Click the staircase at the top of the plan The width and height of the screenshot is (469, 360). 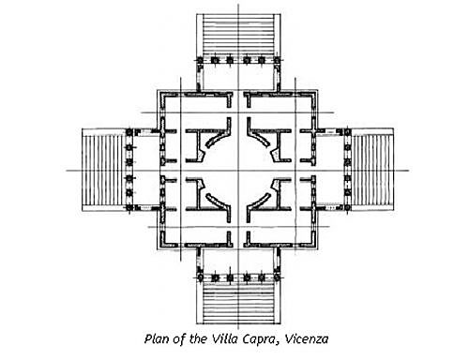click(x=235, y=34)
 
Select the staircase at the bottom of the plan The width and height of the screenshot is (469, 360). click(x=235, y=301)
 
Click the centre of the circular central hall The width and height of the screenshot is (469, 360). click(x=235, y=170)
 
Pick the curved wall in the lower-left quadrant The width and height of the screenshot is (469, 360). click(x=215, y=191)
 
